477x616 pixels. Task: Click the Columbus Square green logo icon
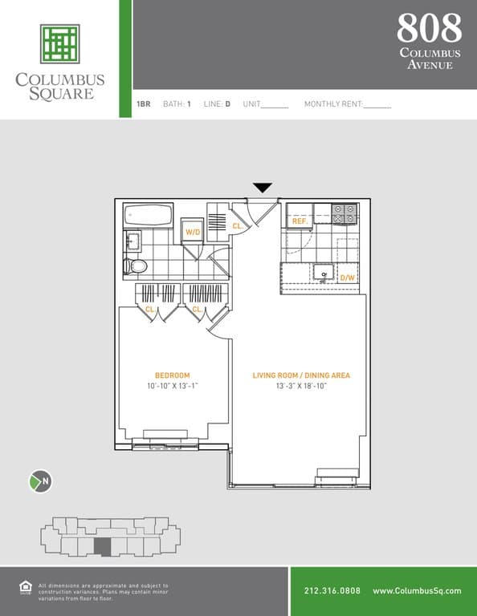click(x=59, y=44)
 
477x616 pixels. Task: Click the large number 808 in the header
click(x=429, y=27)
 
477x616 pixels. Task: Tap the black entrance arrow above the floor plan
click(x=263, y=188)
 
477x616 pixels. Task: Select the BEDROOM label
click(x=172, y=375)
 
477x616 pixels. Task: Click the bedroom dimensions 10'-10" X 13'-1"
click(x=172, y=386)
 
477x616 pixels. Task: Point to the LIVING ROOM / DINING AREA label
click(x=301, y=375)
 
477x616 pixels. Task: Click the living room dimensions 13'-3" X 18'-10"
click(x=301, y=386)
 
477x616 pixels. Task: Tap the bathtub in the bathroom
click(x=148, y=215)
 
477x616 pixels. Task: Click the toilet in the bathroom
click(x=135, y=266)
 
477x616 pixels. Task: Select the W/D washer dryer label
click(x=193, y=232)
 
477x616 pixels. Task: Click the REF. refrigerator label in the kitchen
click(x=300, y=221)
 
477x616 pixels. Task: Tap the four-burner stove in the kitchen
click(x=344, y=213)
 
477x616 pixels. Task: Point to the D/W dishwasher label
click(x=347, y=278)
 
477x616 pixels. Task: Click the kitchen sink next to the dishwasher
click(x=324, y=272)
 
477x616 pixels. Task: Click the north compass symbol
click(x=40, y=481)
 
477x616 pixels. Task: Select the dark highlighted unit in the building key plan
click(x=102, y=547)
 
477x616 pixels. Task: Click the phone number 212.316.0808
click(x=332, y=590)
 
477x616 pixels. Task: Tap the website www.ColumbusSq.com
click(x=417, y=590)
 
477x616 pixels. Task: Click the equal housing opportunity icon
click(x=26, y=587)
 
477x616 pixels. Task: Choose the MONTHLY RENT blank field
click(x=377, y=104)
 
